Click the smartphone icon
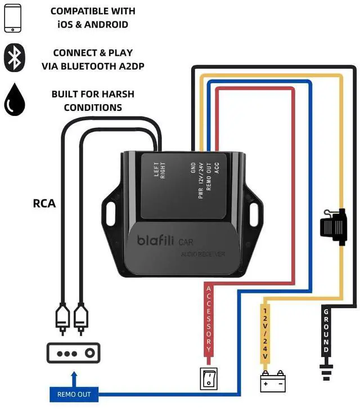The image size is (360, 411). (x=12, y=18)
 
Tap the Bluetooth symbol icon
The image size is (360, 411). (x=15, y=59)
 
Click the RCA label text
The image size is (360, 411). (x=44, y=203)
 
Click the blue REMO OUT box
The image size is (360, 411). (x=74, y=394)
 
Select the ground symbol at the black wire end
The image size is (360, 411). (x=326, y=371)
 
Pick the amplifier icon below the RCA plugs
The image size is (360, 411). (x=73, y=353)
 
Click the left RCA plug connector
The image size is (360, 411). (x=62, y=318)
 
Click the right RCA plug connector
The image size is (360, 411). (x=81, y=318)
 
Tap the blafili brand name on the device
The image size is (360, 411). (x=156, y=240)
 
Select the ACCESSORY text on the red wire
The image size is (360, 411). (x=208, y=319)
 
